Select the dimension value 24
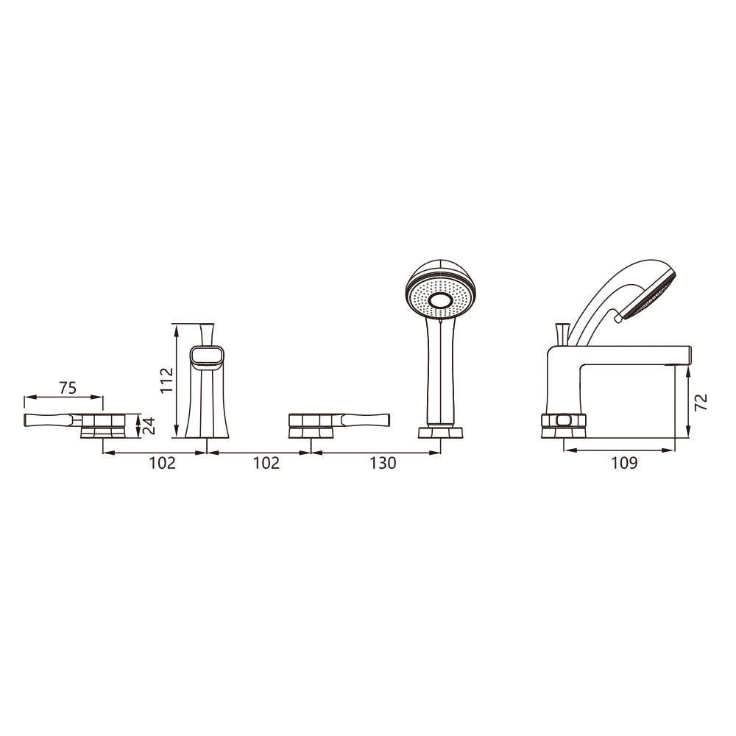tap(149, 425)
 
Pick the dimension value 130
tap(383, 463)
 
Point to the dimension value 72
tap(701, 402)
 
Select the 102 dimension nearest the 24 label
tap(163, 463)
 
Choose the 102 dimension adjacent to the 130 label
tap(266, 463)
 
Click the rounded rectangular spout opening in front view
tap(207, 357)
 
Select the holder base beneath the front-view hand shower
tap(440, 431)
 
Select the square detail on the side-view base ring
tap(563, 420)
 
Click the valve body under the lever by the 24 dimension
tap(102, 425)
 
